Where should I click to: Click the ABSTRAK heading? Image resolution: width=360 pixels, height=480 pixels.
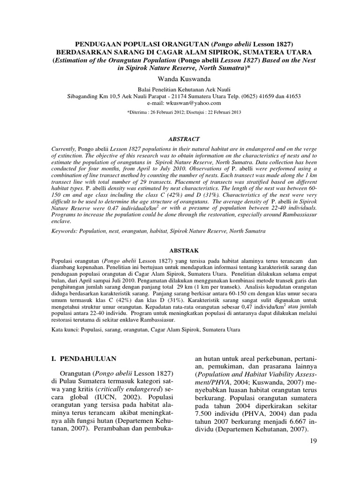[x=180, y=251]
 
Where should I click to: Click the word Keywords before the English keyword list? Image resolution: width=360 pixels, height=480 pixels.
[x=63, y=232]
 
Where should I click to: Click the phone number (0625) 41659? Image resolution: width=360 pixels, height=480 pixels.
[x=255, y=96]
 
